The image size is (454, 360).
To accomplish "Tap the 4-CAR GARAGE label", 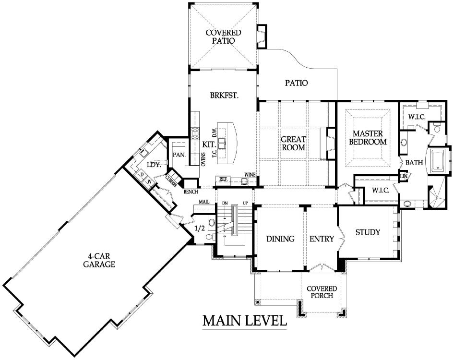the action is tap(99, 260).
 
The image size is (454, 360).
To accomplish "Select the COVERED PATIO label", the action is tap(223, 36).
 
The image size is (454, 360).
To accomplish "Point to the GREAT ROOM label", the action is tap(293, 143).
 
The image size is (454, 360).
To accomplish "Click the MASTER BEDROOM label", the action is tap(368, 138).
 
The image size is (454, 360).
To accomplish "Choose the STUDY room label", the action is tap(368, 232).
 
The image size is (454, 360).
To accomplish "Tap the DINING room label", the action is tap(280, 239).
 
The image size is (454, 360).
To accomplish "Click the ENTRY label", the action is tap(322, 239).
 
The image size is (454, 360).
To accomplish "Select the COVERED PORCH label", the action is tap(322, 292).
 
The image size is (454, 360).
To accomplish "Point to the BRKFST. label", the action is tap(224, 96).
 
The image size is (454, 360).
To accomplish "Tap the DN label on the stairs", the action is tap(225, 203).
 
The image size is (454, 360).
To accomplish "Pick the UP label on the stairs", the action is tap(245, 203).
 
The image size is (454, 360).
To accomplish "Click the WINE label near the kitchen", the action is tap(250, 175).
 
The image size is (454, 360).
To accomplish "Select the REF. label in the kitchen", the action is tap(223, 180).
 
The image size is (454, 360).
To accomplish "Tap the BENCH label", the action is tap(191, 192).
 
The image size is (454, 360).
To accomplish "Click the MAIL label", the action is tap(204, 202).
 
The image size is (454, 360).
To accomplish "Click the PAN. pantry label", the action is tap(179, 155).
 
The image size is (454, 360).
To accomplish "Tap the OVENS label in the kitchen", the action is tap(203, 159).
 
